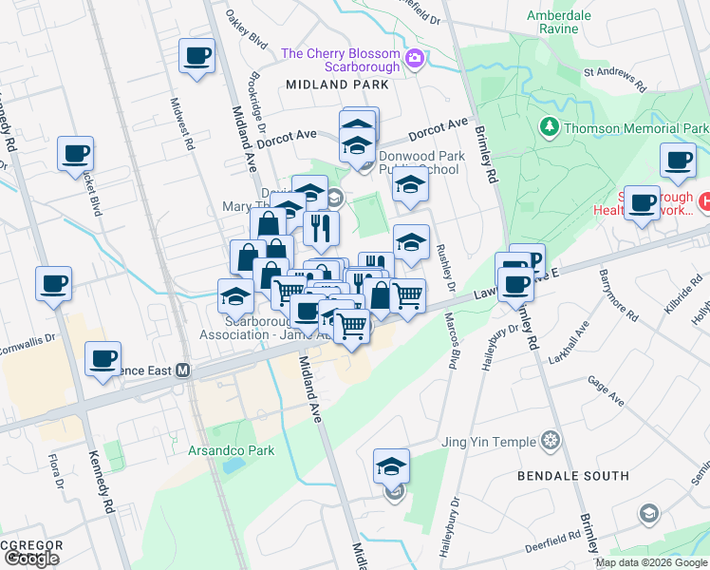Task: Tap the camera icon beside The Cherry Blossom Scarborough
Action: tap(414, 60)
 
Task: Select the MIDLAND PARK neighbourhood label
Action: tap(332, 85)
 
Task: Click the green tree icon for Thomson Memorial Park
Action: tap(548, 126)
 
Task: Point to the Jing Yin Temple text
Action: tap(489, 441)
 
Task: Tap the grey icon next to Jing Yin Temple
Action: tap(550, 441)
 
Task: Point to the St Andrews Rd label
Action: tap(614, 78)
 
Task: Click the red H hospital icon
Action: tap(704, 201)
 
